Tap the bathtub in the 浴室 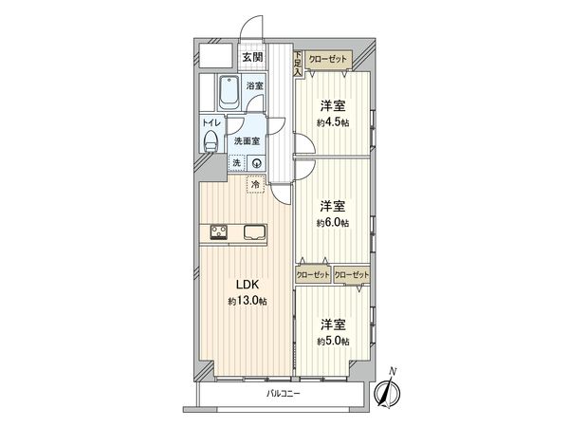click(229, 93)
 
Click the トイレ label click(211, 123)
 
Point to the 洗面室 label click(248, 142)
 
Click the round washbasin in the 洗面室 click(256, 162)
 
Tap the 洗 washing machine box click(237, 162)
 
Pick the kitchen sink click(255, 232)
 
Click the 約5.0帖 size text click(332, 340)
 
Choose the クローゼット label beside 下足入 click(329, 59)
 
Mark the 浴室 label click(255, 86)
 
